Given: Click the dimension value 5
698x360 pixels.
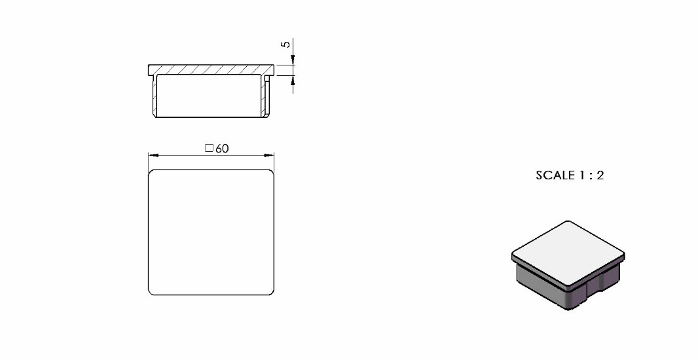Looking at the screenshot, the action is pyautogui.click(x=285, y=44).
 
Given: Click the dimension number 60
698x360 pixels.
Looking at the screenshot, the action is pyautogui.click(x=222, y=149).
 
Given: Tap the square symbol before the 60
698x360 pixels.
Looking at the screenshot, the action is pyautogui.click(x=210, y=148).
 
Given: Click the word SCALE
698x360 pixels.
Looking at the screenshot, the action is pyautogui.click(x=555, y=175).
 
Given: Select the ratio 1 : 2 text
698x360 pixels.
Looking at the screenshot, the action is pyautogui.click(x=592, y=175).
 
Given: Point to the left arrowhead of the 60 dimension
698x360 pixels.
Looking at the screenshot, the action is pyautogui.click(x=154, y=155).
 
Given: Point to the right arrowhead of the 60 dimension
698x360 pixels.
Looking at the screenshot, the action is pyautogui.click(x=269, y=155).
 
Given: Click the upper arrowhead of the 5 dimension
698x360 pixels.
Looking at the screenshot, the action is pyautogui.click(x=293, y=60).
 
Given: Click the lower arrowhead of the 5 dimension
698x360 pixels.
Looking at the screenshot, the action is pyautogui.click(x=293, y=81).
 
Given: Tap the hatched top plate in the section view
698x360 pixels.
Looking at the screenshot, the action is pyautogui.click(x=211, y=69).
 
